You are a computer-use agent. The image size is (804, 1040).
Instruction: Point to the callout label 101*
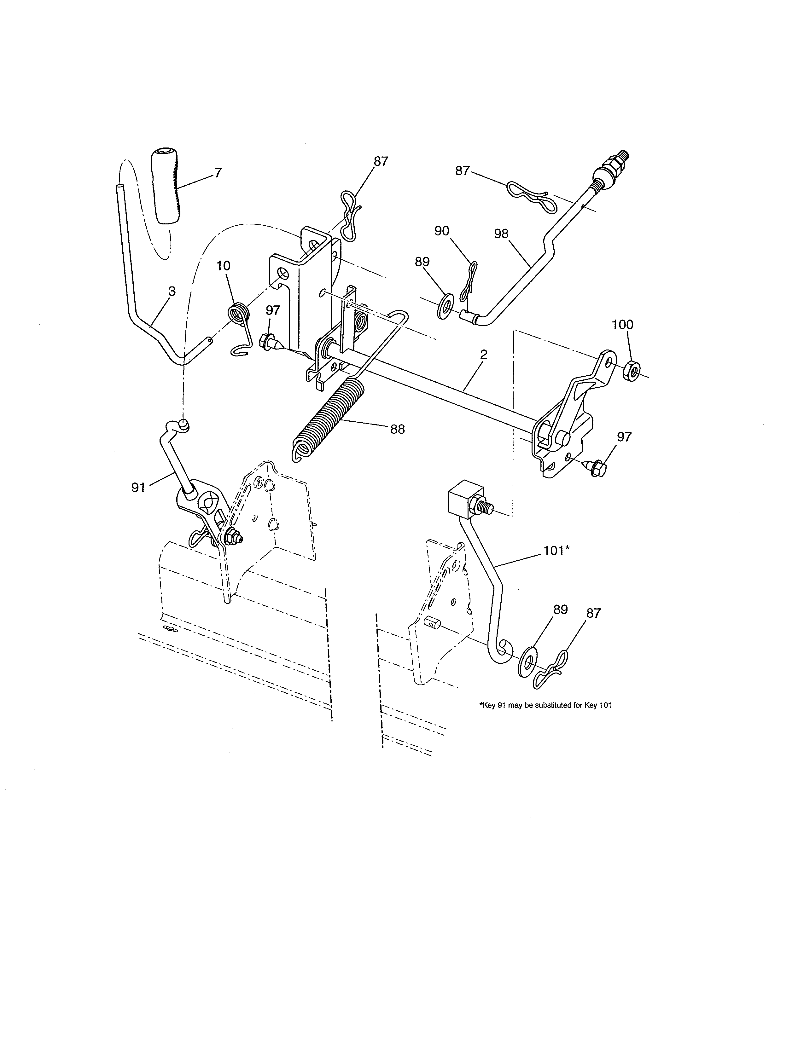click(x=556, y=551)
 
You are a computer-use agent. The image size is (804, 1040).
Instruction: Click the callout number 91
click(x=138, y=488)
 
